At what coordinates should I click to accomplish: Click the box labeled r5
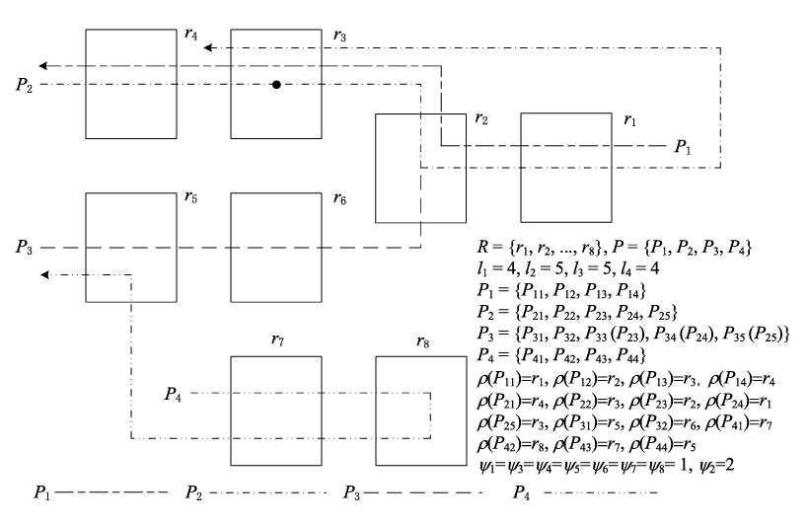[132, 247]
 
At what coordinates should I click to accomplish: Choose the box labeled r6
[277, 247]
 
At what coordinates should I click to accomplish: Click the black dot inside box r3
[277, 85]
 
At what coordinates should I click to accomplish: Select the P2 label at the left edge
[25, 85]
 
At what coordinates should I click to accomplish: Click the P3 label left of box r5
[25, 247]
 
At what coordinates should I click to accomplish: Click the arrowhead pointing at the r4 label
[208, 45]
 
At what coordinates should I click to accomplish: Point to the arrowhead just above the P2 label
[44, 66]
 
